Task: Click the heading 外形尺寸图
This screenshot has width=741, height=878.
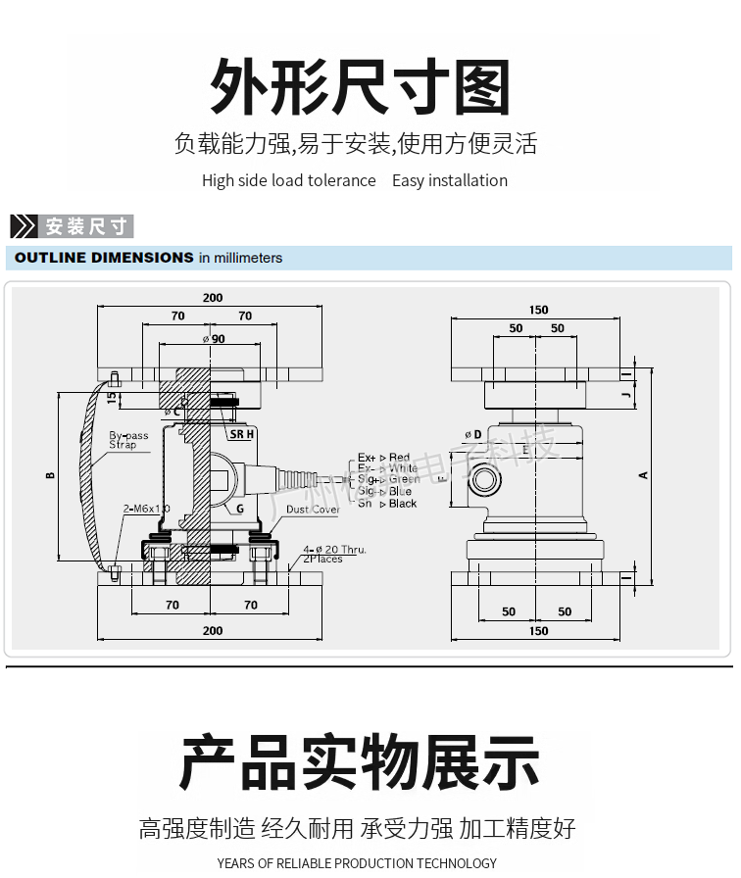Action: point(361,87)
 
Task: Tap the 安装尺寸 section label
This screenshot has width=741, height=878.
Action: point(86,226)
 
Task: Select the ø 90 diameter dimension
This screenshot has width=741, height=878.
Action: point(213,338)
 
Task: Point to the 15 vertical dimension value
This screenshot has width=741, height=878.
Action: point(111,399)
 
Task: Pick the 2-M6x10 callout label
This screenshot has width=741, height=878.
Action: point(146,509)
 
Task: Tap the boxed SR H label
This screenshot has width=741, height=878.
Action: point(241,433)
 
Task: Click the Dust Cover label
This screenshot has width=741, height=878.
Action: point(313,510)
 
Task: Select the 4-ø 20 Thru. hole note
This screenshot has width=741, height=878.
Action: point(334,550)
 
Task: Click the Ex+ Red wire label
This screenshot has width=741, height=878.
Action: point(384,458)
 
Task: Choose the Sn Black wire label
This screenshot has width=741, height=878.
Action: point(387,504)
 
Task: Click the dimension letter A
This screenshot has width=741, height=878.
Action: point(644,475)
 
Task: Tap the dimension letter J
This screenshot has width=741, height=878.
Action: point(625,395)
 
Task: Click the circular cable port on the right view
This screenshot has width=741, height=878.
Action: point(483,479)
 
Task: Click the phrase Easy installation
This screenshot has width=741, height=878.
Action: point(450,180)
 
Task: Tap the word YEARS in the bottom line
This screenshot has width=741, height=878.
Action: point(235,863)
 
